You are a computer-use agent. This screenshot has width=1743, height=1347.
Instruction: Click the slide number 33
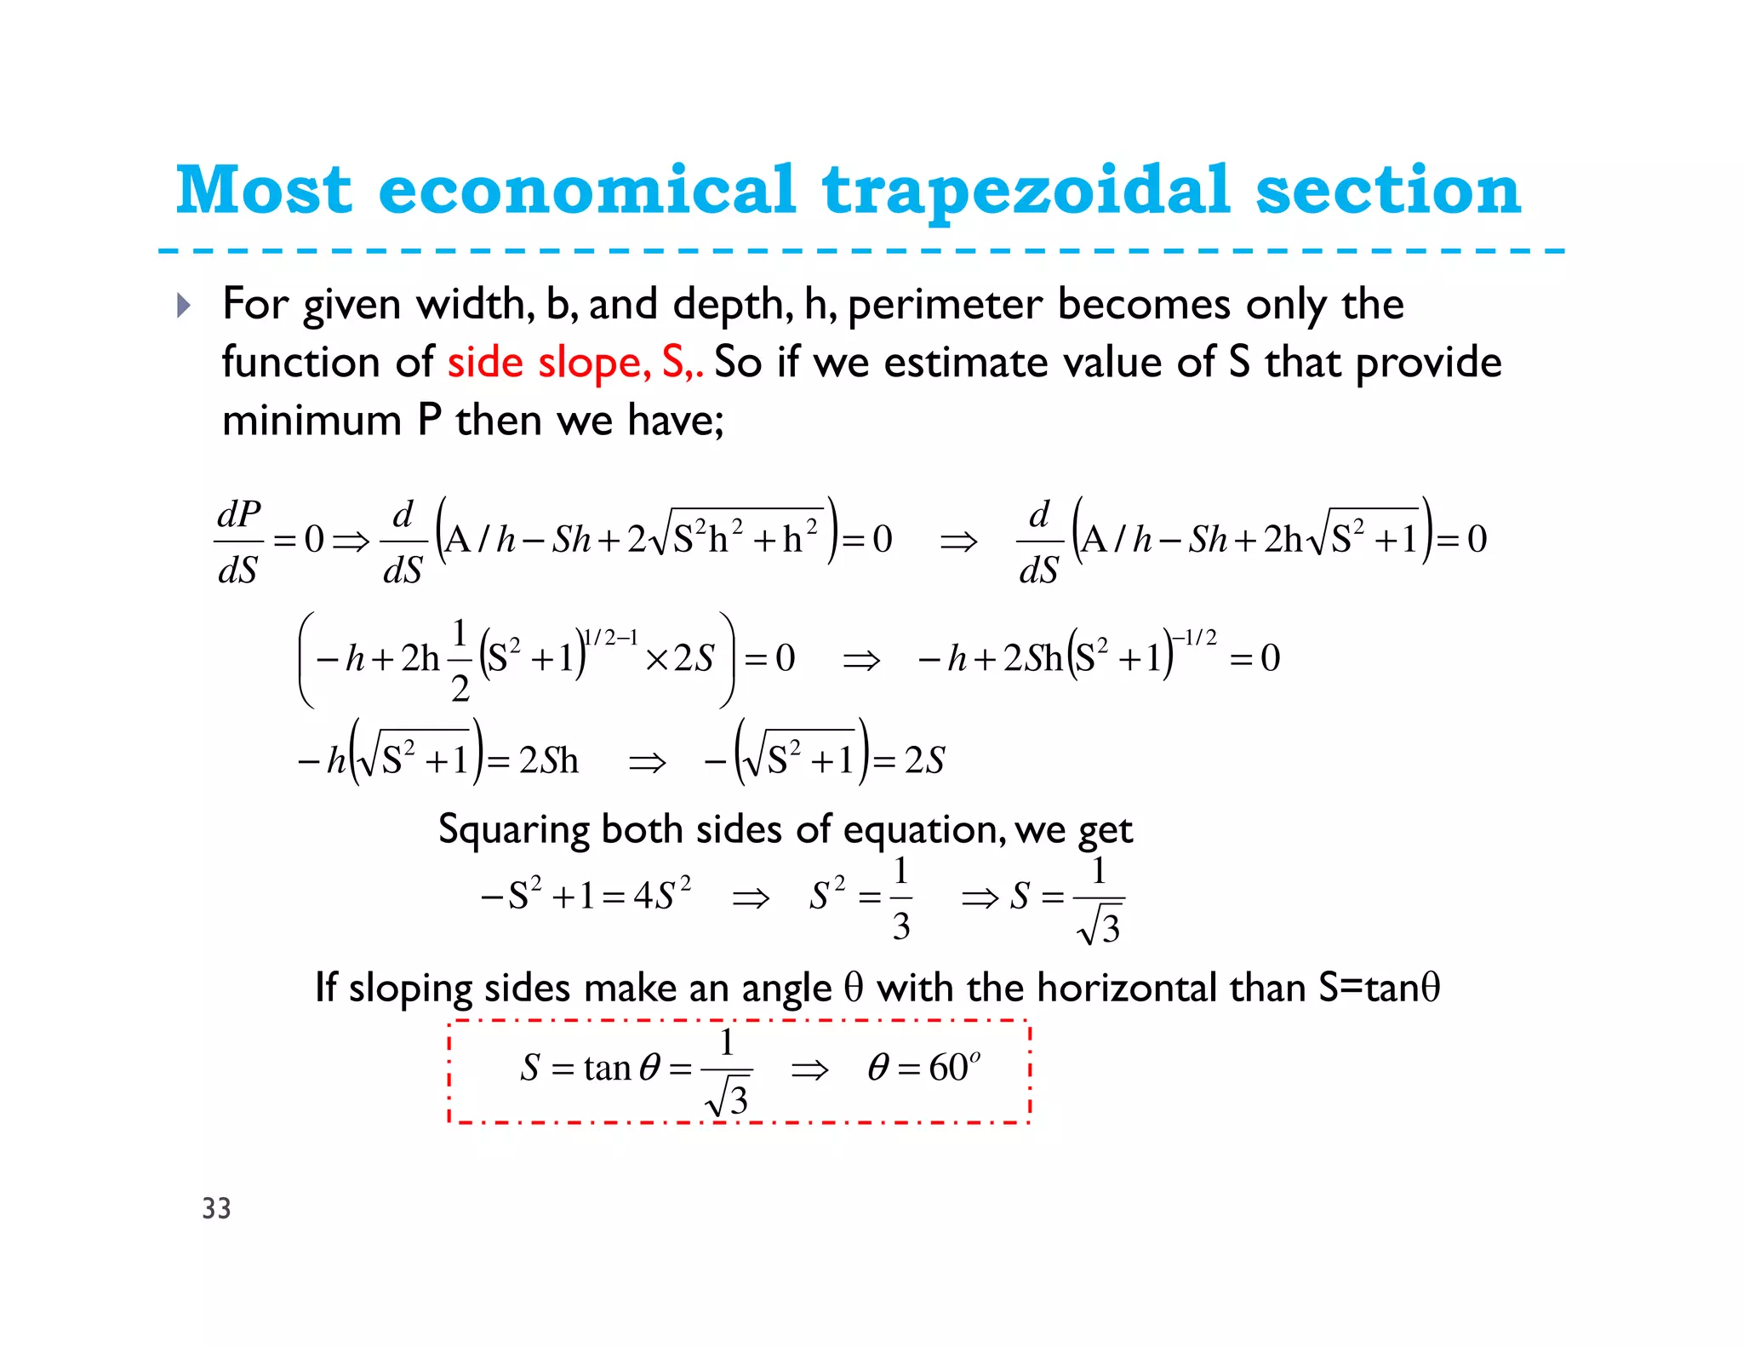(216, 1208)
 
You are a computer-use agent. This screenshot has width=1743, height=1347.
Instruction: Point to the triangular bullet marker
(183, 305)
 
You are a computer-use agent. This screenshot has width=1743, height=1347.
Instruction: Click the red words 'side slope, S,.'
(575, 363)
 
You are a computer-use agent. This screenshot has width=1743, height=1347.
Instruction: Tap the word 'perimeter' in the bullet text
(945, 305)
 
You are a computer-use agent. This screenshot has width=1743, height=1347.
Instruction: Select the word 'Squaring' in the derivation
(513, 828)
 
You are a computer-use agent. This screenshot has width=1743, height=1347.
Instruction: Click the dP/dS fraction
(238, 542)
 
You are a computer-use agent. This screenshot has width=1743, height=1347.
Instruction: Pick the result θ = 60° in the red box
(924, 1068)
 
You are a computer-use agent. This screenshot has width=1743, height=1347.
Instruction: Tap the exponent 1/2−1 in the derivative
(611, 638)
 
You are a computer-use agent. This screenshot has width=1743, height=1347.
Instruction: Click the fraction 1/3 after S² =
(900, 897)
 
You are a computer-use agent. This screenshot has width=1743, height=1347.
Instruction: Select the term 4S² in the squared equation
(662, 896)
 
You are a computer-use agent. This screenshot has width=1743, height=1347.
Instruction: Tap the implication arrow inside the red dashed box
(809, 1069)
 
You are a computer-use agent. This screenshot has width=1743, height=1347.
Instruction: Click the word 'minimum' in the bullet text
(311, 421)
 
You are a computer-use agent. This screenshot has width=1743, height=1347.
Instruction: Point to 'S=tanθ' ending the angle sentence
(1379, 988)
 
